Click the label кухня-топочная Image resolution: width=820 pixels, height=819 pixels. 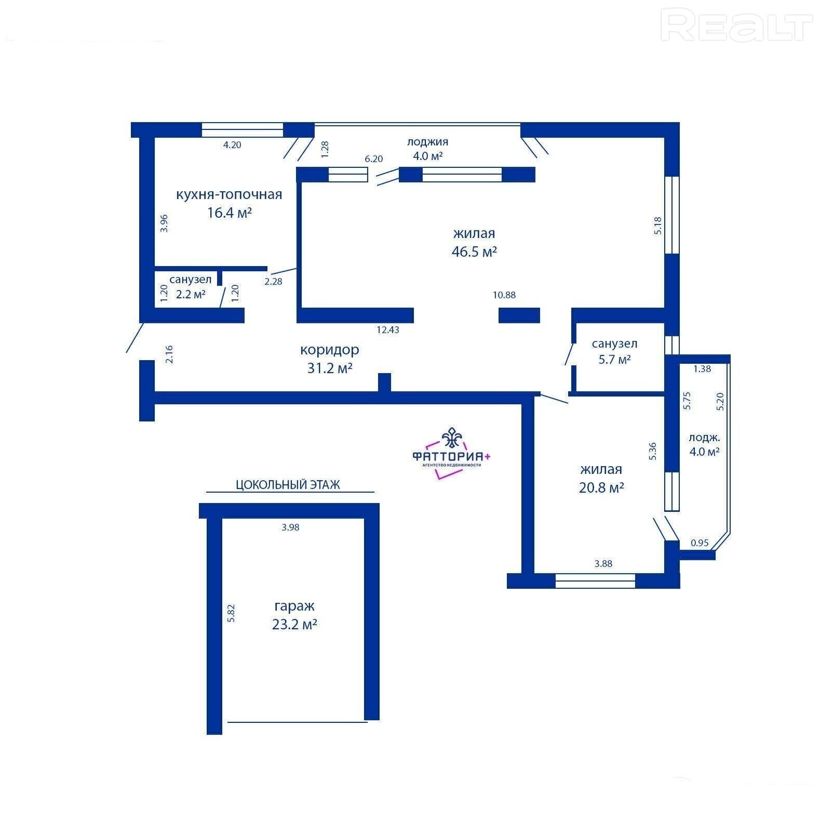coord(229,195)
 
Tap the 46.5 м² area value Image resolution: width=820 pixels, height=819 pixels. coord(475,252)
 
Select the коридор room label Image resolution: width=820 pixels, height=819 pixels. coord(330,350)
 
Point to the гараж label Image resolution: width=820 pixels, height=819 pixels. coord(294,606)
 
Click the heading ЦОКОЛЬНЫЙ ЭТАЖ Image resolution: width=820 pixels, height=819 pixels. coord(288,485)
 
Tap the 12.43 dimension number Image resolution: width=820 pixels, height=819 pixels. coord(388,329)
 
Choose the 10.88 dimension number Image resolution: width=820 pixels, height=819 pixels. coord(504,295)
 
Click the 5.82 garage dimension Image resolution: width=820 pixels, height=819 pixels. coord(232,613)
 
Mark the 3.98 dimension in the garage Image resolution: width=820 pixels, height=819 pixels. coord(291,527)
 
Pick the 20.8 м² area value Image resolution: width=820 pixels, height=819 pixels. coord(601,488)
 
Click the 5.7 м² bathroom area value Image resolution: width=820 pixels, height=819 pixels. coord(615,359)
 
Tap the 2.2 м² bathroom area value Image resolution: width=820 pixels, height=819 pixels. coord(191,294)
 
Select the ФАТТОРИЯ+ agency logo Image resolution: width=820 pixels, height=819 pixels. coord(451,453)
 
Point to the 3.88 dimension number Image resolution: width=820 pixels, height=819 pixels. coord(603,563)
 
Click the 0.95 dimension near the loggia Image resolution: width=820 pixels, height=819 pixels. coord(700,543)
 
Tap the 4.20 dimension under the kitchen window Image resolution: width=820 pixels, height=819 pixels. coord(232,145)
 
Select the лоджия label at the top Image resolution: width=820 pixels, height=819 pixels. coord(427,142)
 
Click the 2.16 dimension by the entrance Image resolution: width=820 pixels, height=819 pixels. coord(169,354)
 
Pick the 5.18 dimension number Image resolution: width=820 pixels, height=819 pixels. coord(658,226)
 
